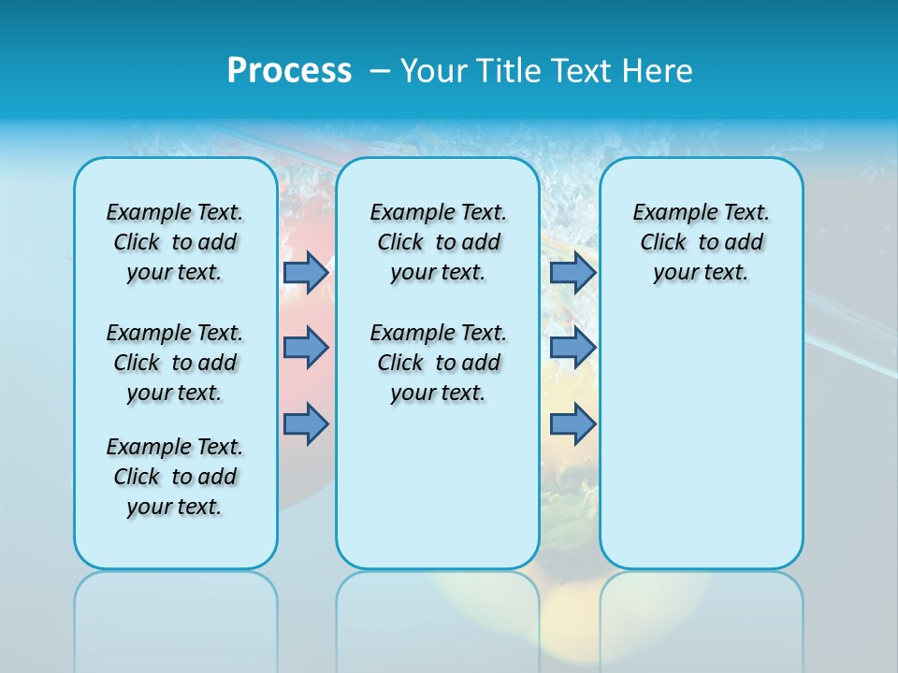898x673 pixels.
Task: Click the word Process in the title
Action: click(x=289, y=70)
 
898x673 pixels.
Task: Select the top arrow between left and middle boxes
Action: click(x=306, y=272)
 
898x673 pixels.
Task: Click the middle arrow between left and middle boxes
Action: click(x=306, y=348)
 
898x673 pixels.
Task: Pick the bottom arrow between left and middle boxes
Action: click(x=306, y=423)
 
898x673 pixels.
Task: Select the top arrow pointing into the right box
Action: click(x=572, y=272)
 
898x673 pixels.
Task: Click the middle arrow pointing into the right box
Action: click(x=572, y=348)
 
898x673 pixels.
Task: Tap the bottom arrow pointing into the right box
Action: click(x=572, y=423)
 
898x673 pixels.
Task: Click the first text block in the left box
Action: click(x=175, y=242)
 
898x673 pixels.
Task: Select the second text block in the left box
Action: click(x=175, y=363)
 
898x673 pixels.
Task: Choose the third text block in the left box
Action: click(x=175, y=477)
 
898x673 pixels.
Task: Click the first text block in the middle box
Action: click(x=438, y=242)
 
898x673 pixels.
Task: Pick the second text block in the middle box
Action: click(x=438, y=363)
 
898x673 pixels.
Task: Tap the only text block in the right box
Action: click(x=701, y=242)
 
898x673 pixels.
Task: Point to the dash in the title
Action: click(x=380, y=70)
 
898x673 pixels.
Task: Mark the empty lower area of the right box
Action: click(x=701, y=439)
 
